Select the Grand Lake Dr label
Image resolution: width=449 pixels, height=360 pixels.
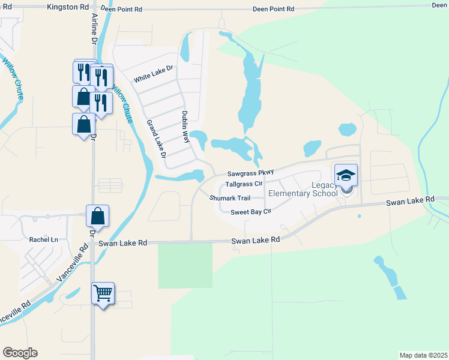155,139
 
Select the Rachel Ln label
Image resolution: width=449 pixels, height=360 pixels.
43,239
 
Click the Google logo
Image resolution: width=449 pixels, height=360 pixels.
20,353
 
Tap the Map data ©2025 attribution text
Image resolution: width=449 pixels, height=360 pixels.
424,355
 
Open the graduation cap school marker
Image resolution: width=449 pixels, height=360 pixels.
346,175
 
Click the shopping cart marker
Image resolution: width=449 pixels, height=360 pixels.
103,293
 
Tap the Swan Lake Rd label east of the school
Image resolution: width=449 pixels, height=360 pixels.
410,200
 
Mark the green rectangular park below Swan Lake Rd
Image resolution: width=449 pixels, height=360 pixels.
185,265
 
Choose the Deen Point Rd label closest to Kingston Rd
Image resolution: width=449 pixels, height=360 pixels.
122,10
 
